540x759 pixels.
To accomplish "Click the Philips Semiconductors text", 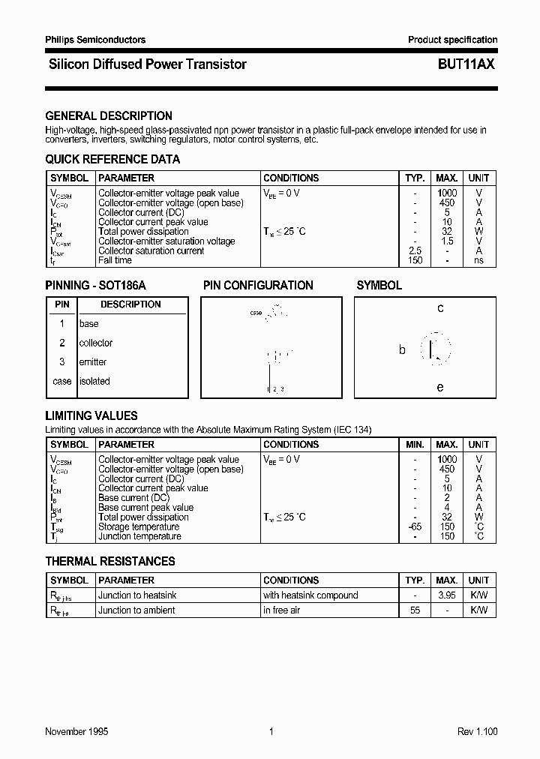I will [x=95, y=40].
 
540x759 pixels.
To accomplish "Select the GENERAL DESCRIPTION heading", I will [x=109, y=115].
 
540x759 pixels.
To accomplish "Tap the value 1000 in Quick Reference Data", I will [x=447, y=193].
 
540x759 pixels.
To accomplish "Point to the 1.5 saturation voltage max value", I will [x=447, y=241].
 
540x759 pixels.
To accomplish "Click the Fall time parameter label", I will [x=115, y=260].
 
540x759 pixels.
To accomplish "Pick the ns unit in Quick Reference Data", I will [x=478, y=260].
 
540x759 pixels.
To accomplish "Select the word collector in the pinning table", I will [x=96, y=343].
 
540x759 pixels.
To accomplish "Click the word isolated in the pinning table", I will [x=94, y=381].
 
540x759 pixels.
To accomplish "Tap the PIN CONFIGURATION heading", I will [x=258, y=285].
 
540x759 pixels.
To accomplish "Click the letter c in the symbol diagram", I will [x=440, y=308].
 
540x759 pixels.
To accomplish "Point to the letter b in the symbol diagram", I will [x=402, y=349].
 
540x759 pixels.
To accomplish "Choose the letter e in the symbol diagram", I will [x=440, y=387].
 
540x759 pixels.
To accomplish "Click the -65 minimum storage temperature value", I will [x=415, y=526].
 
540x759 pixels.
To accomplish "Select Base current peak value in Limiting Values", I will [x=145, y=508].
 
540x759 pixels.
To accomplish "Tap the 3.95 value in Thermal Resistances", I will [x=447, y=595].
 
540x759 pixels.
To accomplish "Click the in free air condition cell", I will [x=281, y=610].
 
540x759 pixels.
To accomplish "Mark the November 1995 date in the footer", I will [x=76, y=731].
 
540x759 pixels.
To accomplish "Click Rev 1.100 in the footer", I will [x=477, y=731].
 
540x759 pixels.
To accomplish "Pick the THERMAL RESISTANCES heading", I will [x=110, y=561].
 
